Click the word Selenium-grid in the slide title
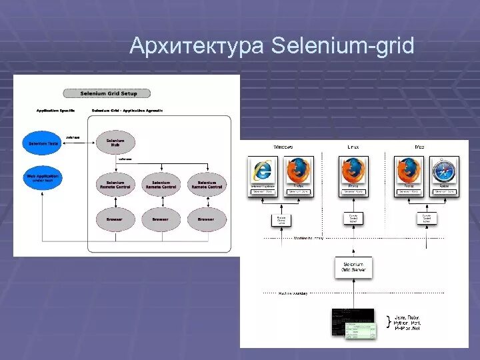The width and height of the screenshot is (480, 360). click(343, 47)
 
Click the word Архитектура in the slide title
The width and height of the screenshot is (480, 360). click(197, 47)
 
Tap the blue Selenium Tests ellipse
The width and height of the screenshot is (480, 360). click(43, 143)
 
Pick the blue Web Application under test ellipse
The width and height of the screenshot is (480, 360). click(43, 178)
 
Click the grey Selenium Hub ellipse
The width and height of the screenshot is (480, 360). click(115, 143)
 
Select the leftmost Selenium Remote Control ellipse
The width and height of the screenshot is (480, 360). click(115, 184)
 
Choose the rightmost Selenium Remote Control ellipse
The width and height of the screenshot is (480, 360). click(207, 184)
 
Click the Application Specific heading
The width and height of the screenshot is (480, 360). click(55, 110)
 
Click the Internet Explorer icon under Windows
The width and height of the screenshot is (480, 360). click(263, 172)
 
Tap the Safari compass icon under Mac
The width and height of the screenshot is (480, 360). click(443, 172)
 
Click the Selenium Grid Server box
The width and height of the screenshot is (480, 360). click(353, 267)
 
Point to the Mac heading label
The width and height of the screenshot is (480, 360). click(419, 147)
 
